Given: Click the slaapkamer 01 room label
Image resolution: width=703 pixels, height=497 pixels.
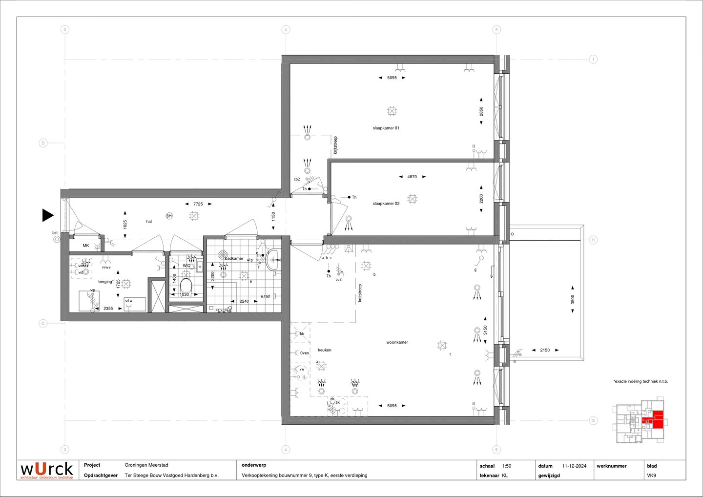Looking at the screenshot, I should pos(386,128).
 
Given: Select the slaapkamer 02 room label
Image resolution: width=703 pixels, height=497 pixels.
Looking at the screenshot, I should pos(386,204).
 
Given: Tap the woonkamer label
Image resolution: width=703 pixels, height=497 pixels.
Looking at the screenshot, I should pos(397,342).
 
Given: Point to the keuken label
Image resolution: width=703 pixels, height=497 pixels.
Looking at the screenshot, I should pos(325,350).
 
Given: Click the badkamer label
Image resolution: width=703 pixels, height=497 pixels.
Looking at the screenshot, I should pos(235,258).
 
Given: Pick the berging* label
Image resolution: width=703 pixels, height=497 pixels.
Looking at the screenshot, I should pos(105,282).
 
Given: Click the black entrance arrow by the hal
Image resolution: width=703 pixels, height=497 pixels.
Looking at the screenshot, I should pos(47,215).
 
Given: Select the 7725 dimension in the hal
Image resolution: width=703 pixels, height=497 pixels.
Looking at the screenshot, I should pos(198,204).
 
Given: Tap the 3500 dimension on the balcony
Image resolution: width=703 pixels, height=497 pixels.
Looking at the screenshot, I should pos(573,299).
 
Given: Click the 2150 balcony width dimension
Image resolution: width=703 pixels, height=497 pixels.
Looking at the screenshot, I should pos(545,350).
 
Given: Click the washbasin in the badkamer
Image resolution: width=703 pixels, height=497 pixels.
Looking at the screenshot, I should pos(274,260).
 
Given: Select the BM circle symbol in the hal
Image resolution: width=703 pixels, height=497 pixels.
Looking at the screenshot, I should pos(169,216).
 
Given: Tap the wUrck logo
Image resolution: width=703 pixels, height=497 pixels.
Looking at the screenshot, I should pos(46,470).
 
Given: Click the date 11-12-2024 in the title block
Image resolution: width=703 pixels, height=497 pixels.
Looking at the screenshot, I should pos(574,466).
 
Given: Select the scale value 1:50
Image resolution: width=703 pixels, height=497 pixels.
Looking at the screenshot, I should pos(506,466).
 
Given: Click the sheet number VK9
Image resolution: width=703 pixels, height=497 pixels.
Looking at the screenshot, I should pos(651,475).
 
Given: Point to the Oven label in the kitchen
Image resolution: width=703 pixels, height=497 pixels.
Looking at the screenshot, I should pos(305,353).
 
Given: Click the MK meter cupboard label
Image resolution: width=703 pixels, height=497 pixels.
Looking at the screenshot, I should pos(86,246).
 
